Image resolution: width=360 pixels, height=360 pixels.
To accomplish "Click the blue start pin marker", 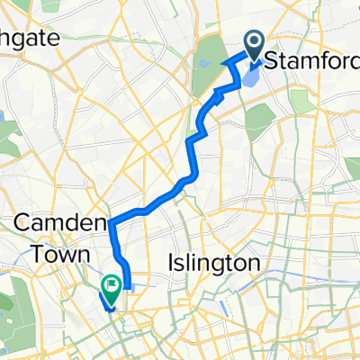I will (253, 45).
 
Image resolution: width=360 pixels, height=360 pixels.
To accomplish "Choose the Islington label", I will (214, 263).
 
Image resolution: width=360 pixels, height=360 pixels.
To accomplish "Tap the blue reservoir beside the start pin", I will (249, 79).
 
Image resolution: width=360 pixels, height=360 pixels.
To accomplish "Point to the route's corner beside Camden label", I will (112, 219).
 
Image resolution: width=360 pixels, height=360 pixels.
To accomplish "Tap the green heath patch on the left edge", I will (7, 135).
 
